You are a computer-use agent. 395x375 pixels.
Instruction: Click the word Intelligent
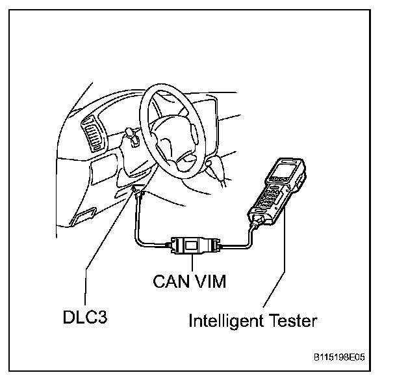click(228, 320)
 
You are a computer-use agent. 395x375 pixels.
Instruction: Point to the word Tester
click(294, 320)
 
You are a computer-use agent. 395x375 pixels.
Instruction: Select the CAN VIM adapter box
click(195, 246)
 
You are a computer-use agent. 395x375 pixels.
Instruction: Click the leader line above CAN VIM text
click(195, 264)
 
